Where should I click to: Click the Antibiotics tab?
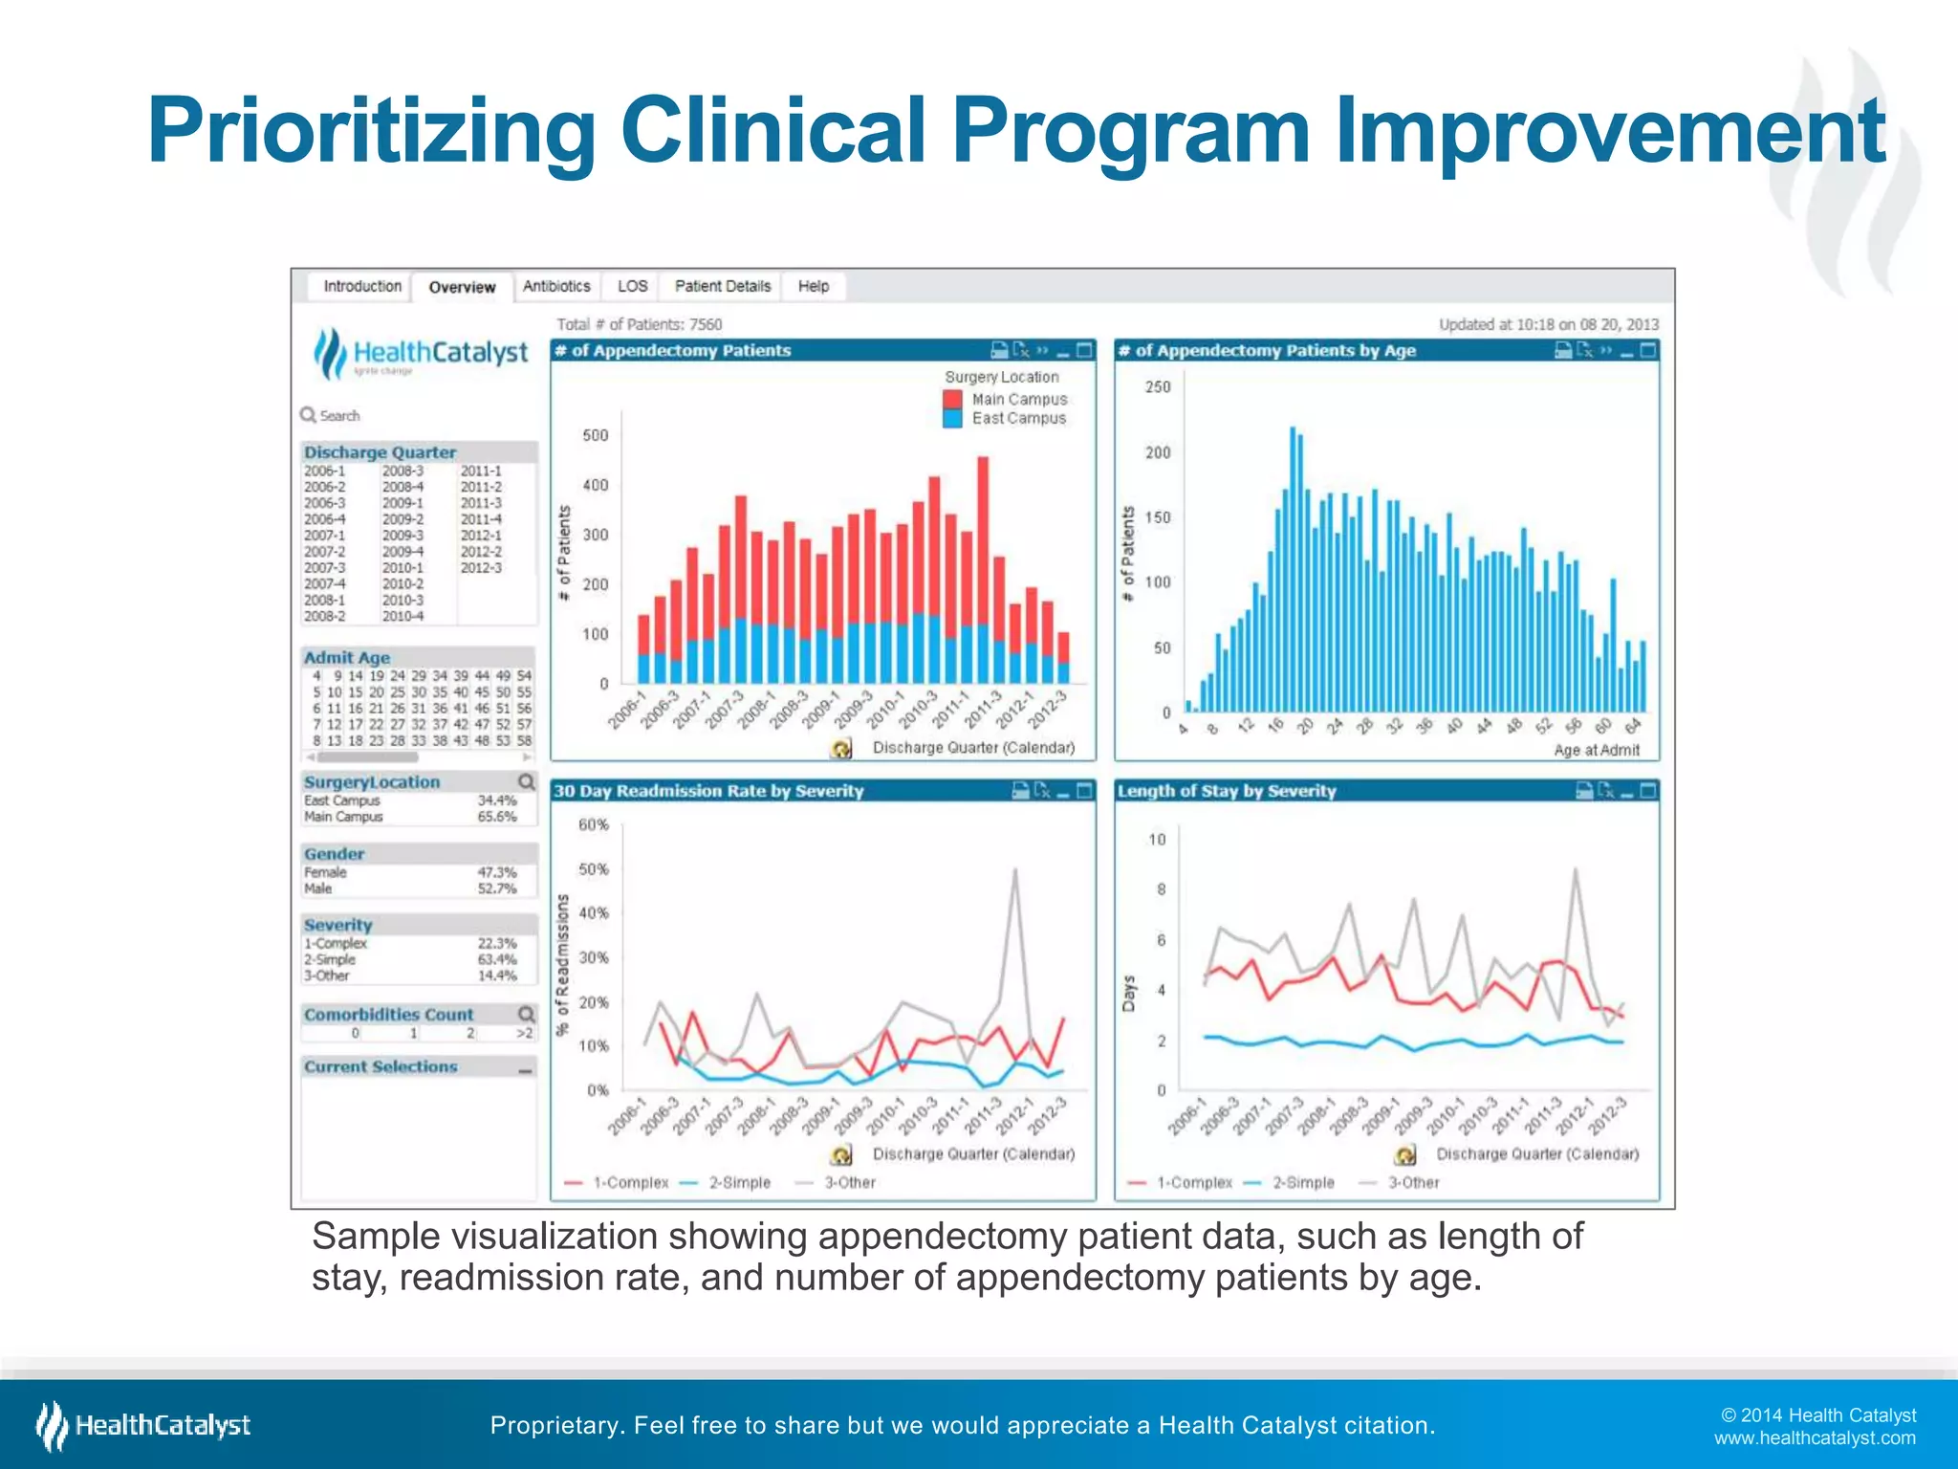(x=556, y=286)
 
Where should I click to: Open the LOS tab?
(x=632, y=286)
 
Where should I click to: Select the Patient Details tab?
(x=722, y=286)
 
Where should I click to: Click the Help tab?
(x=814, y=286)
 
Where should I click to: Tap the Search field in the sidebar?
(x=339, y=416)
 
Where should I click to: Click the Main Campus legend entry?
(x=1019, y=399)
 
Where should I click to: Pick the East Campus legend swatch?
(x=952, y=419)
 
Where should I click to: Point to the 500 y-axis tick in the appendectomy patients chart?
(x=596, y=435)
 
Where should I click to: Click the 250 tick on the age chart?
(x=1157, y=387)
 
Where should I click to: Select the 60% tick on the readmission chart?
(x=593, y=824)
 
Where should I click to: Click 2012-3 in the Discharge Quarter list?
(x=481, y=568)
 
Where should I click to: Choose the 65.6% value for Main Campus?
(x=496, y=817)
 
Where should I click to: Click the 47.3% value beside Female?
(x=496, y=872)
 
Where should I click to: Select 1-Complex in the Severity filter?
(x=336, y=943)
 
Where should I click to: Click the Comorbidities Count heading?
(x=388, y=1015)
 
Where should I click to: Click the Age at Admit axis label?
(x=1596, y=750)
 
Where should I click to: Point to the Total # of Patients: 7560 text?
(x=640, y=324)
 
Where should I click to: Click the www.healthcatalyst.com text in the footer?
(x=1814, y=1438)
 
